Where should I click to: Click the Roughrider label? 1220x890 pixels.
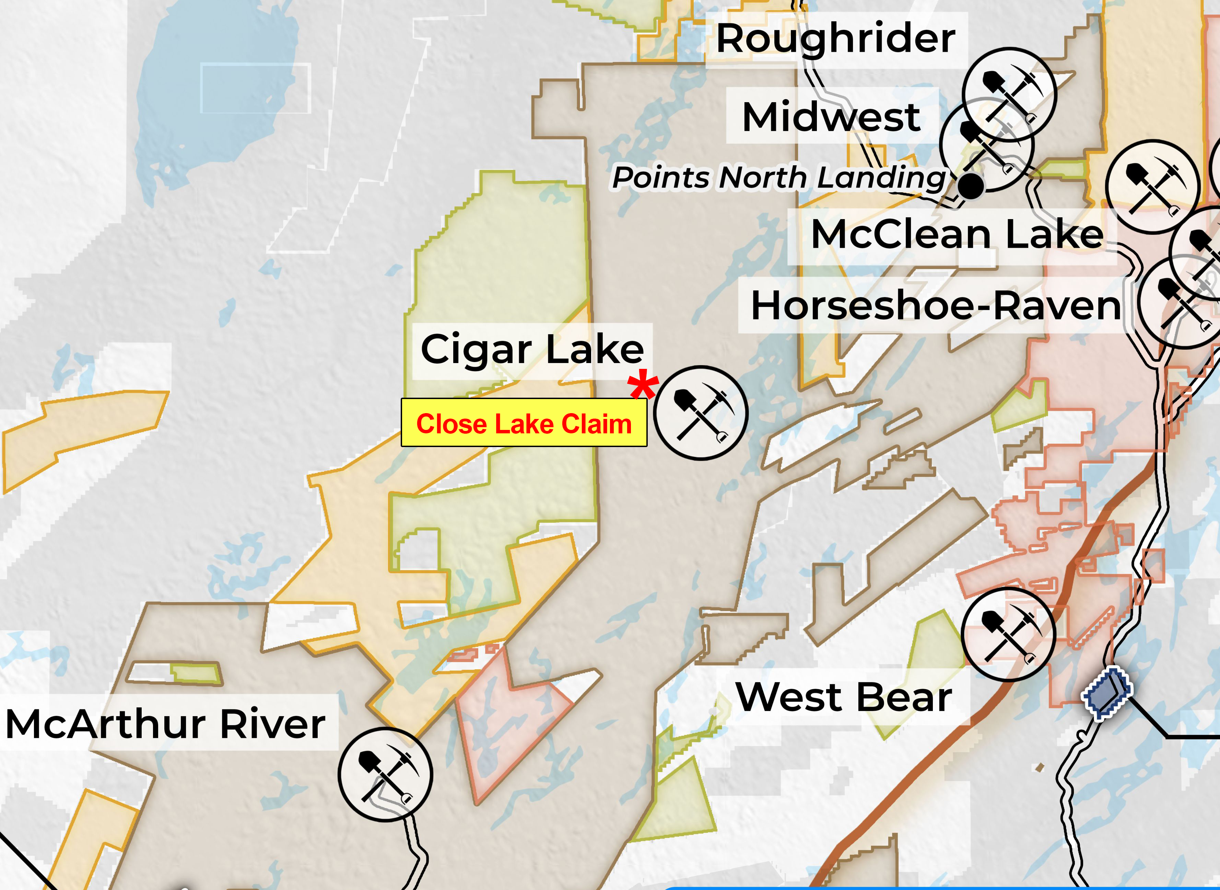point(836,39)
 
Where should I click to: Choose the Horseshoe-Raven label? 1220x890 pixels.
point(935,305)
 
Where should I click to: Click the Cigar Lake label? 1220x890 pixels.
point(532,350)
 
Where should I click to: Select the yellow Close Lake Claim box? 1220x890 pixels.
point(524,423)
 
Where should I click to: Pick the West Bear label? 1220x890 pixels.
point(844,697)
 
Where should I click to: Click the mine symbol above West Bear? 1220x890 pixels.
point(1008,635)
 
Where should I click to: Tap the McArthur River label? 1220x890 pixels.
point(165,723)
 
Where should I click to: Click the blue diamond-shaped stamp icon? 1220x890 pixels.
point(1107,693)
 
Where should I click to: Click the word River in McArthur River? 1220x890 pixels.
point(272,723)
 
